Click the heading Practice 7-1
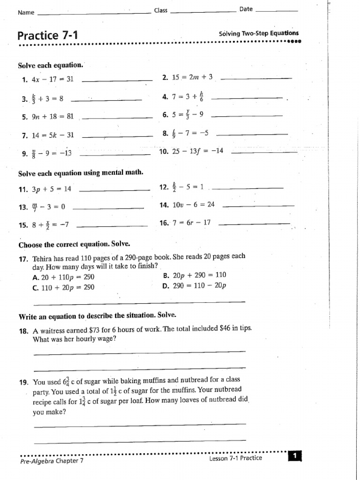coord(47,36)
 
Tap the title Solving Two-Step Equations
coord(258,33)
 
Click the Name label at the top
coord(26,12)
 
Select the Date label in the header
coord(246,9)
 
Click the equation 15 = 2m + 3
coord(192,77)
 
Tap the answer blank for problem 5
coord(117,117)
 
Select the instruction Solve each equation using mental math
coord(81,173)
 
